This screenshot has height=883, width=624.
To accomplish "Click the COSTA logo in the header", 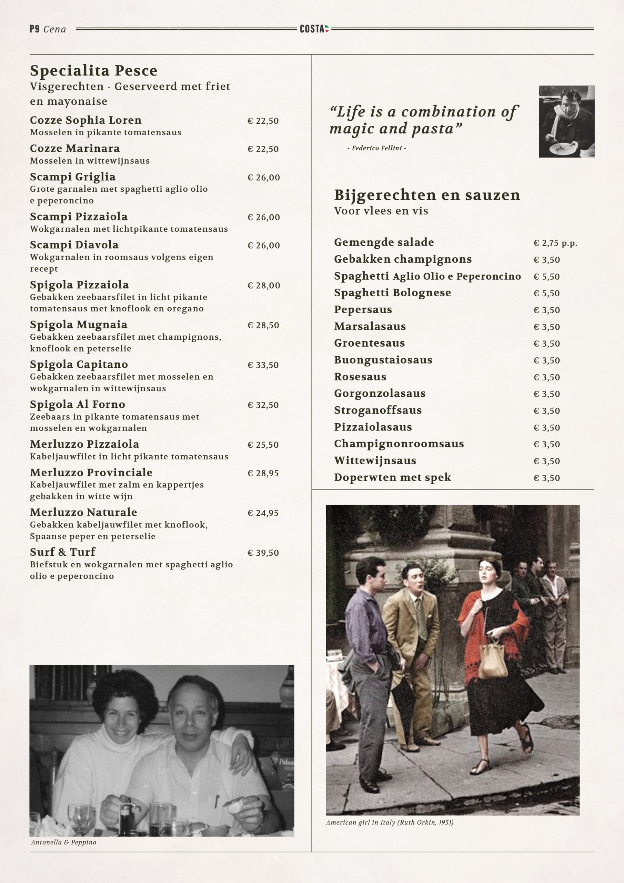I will click(314, 29).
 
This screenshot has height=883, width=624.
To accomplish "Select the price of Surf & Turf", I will click(263, 553).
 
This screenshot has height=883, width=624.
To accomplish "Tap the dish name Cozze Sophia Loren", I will click(86, 120).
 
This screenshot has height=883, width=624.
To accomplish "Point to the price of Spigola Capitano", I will click(263, 365).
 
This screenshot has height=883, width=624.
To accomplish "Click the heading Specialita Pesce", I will click(94, 71).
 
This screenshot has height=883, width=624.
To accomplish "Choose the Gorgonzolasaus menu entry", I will click(380, 394).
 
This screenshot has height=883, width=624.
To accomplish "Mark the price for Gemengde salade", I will click(555, 243).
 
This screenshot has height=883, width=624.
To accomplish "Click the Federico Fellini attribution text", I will click(376, 148).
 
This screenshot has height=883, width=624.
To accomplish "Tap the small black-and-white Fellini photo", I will click(566, 121).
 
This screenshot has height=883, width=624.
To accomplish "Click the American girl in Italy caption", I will click(390, 823).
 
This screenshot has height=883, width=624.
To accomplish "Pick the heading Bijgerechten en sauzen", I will click(427, 195).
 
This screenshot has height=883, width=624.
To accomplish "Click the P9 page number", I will click(34, 29).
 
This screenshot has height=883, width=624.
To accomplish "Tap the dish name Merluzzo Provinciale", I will click(91, 473).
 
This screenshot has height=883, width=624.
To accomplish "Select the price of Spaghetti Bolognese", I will click(546, 294).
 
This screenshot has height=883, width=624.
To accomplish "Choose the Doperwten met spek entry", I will click(392, 478).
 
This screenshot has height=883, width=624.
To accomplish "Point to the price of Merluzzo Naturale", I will click(263, 513).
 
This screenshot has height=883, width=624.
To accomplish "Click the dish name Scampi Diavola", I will click(74, 245).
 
